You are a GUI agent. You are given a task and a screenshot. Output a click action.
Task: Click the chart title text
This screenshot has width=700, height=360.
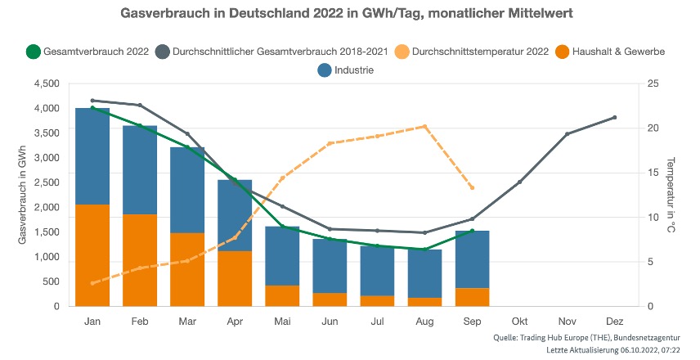(x=349, y=15)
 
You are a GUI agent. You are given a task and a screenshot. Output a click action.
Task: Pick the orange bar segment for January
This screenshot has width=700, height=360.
(x=92, y=255)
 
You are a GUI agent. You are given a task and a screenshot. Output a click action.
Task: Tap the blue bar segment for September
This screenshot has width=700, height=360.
(x=472, y=259)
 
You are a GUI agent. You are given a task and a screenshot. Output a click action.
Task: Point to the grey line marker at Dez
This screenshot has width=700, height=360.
(x=614, y=118)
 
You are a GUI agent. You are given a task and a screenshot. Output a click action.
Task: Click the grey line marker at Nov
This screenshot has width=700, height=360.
(x=567, y=134)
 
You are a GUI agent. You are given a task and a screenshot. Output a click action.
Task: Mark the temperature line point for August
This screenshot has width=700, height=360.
(x=424, y=127)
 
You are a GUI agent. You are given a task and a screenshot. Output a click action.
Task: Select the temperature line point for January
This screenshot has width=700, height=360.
(x=92, y=283)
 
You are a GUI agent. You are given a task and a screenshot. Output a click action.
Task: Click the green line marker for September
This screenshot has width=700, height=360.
(x=472, y=231)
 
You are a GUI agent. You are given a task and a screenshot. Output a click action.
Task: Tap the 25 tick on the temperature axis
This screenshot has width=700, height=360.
(x=651, y=83)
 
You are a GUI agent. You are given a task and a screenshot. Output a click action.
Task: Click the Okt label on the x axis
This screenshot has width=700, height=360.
(x=519, y=321)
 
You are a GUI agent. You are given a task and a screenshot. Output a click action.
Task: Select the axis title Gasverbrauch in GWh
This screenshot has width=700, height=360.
(x=21, y=195)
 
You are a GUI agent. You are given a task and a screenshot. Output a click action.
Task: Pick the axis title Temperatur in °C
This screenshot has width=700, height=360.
(x=671, y=195)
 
